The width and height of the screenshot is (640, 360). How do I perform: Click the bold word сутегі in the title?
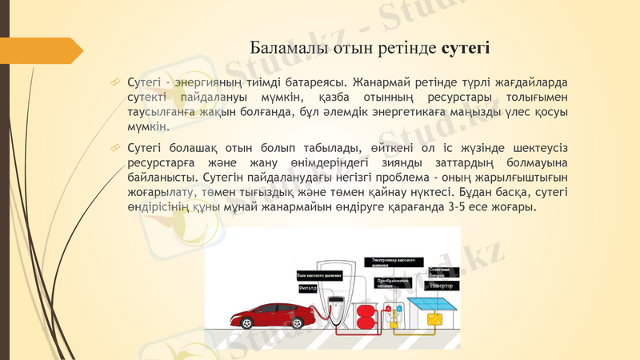[466, 49]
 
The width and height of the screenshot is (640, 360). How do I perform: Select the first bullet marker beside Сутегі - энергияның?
[117, 82]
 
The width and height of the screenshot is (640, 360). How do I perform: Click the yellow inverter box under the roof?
[435, 318]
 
